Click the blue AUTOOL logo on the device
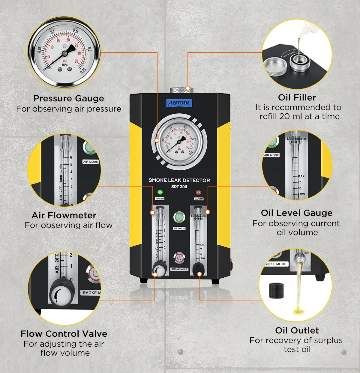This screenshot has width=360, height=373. point(179,103)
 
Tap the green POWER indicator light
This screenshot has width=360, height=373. point(160,192)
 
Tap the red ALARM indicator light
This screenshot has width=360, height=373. point(198,192)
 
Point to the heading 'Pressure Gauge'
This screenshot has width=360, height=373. point(69,98)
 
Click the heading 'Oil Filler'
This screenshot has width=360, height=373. point(297,97)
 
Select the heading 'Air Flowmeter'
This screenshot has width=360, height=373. point(64,215)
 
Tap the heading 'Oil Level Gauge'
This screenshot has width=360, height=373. point(296,213)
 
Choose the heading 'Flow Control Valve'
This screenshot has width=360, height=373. point(64,334)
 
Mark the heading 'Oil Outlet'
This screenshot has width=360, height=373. point(297,330)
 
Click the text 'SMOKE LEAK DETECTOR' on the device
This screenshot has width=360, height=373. point(179,180)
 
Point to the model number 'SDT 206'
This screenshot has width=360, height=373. point(179,186)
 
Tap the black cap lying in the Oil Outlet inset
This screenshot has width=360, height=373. point(276,290)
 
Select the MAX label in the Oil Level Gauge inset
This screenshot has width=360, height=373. point(301,176)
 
